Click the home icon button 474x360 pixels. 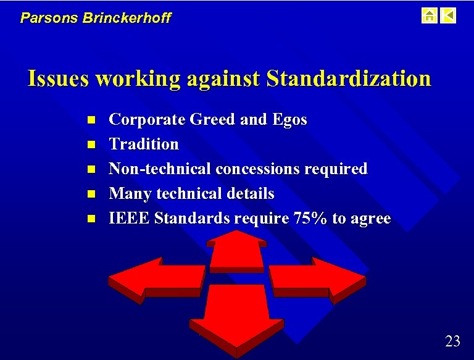pyautogui.click(x=430, y=15)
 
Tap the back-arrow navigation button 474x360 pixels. pyautogui.click(x=449, y=15)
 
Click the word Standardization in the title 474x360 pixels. pyautogui.click(x=349, y=79)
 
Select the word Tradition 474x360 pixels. pyautogui.click(x=144, y=144)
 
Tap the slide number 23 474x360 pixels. pyautogui.click(x=452, y=341)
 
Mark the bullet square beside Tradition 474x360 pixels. pyautogui.click(x=90, y=144)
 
